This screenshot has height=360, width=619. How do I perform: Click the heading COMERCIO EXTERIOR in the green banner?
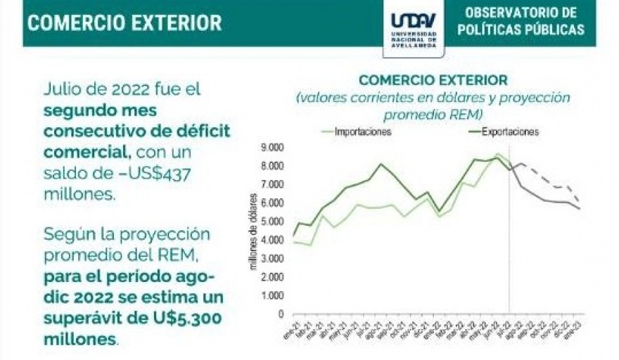point(125,22)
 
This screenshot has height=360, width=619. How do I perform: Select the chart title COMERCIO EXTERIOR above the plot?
point(433,80)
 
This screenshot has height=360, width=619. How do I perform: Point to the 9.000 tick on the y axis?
point(272,148)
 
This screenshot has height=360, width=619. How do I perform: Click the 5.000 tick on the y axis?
point(272,221)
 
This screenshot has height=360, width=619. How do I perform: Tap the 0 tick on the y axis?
point(281,314)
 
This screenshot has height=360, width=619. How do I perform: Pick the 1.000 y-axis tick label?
point(272,296)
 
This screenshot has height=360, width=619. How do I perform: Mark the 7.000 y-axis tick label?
point(272,184)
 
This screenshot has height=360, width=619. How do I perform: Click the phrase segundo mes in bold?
point(100,111)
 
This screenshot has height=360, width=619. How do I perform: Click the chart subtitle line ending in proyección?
point(433,98)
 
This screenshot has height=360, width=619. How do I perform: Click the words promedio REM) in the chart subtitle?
point(433,114)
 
